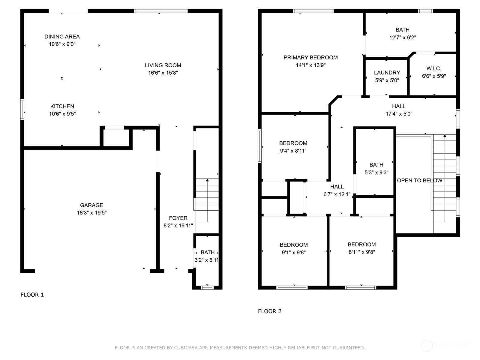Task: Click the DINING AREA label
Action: point(62,37)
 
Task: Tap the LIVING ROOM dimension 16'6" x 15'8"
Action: point(163,73)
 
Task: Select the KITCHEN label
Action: point(62,106)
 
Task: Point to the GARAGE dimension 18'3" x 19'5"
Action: point(91,213)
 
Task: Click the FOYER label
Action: point(178,218)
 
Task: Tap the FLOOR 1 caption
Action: point(32,295)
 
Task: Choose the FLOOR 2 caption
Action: point(270,311)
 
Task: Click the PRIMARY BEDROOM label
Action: point(310,58)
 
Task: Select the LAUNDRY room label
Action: point(387,73)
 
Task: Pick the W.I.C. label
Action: point(434,69)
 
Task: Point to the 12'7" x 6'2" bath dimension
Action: point(403,37)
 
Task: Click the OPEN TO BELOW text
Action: point(419,181)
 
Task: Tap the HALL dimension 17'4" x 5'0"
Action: point(399,114)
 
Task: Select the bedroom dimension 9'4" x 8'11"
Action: point(293,151)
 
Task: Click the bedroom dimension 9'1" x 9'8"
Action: point(294,253)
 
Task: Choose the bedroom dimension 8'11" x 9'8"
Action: point(362,252)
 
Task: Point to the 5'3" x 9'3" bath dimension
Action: point(376,172)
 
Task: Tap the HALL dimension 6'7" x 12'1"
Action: point(337,194)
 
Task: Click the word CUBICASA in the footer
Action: point(186,348)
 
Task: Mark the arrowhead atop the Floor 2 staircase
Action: point(445,136)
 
